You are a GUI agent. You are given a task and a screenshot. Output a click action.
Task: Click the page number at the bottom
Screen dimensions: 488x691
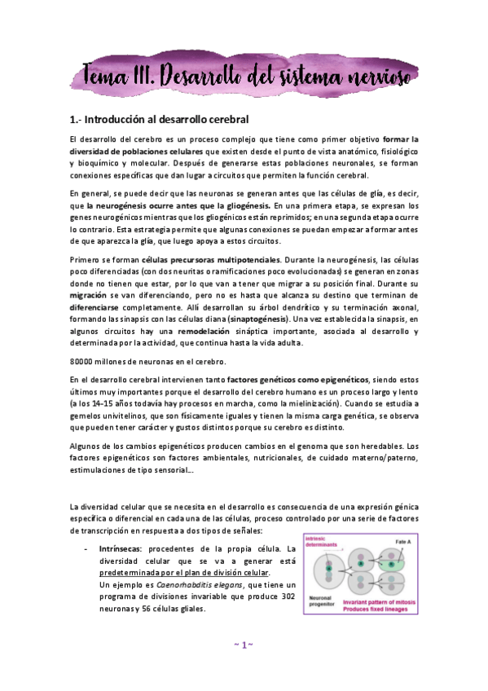244,645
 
